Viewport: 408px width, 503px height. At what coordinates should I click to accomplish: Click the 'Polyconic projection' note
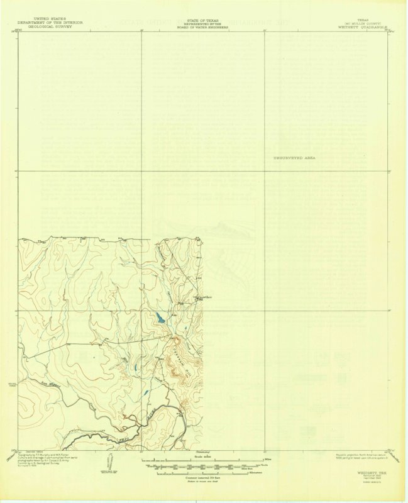[x=358, y=456]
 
